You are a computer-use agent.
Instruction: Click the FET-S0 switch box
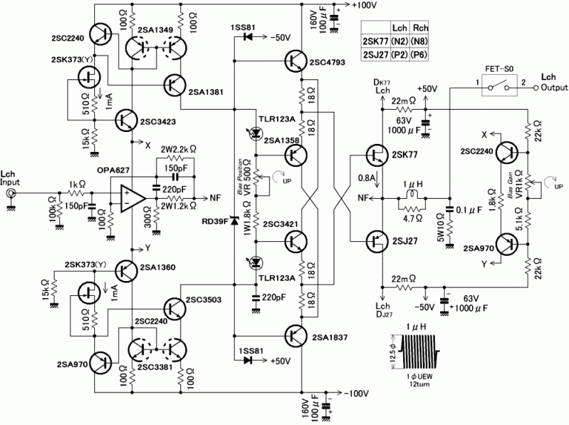pos(496,87)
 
